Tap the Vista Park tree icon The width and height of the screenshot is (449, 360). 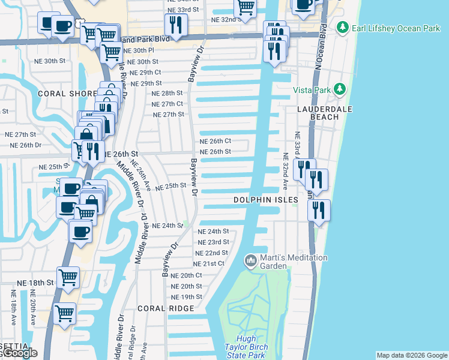[x=340, y=89]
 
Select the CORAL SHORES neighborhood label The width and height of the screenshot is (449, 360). [x=67, y=94]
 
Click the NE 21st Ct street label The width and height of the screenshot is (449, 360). [x=209, y=263]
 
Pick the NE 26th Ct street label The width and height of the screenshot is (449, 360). [x=215, y=141]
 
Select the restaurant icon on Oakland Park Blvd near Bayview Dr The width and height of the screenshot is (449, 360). [x=176, y=25]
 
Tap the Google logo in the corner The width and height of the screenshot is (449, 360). [x=19, y=353]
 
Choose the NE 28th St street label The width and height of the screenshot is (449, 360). [x=167, y=94]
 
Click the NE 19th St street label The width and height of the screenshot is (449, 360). [x=187, y=297]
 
